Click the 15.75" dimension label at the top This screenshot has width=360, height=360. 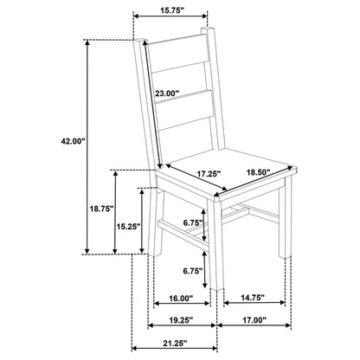pyautogui.click(x=172, y=10)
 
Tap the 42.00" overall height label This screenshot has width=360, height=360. pyautogui.click(x=73, y=141)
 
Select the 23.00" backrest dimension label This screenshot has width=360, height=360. pyautogui.click(x=167, y=93)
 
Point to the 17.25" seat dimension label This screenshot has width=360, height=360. pyautogui.click(x=209, y=174)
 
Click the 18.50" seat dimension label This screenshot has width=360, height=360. pyautogui.click(x=258, y=172)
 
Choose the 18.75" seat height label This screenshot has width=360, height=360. pyautogui.click(x=100, y=209)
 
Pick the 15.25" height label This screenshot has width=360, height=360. pyautogui.click(x=128, y=227)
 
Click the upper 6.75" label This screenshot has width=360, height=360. pyautogui.click(x=193, y=222)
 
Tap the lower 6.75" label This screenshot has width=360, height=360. pyautogui.click(x=193, y=271)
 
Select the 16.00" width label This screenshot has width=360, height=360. pyautogui.click(x=181, y=298)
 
